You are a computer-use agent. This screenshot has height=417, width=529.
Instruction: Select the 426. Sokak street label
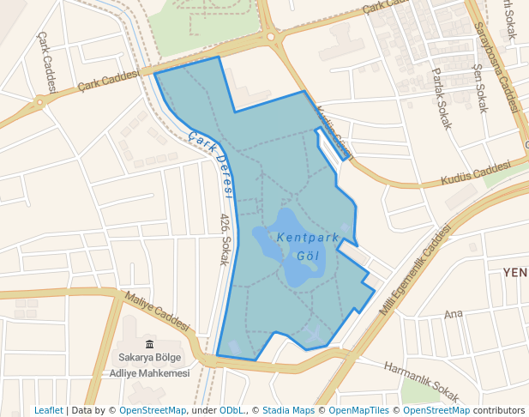[x=225, y=239]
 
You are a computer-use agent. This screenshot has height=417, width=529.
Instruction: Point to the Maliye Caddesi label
[x=157, y=311]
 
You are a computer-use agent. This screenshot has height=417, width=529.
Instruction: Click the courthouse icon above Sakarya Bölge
[x=149, y=344]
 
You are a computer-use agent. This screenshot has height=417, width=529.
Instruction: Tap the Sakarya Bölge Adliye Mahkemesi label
[x=149, y=365]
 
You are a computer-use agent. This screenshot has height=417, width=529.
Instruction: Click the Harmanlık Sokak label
[x=422, y=379]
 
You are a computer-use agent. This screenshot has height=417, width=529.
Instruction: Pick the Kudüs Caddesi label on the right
[x=475, y=175]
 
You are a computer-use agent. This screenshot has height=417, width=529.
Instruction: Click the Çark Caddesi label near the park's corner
[x=108, y=81]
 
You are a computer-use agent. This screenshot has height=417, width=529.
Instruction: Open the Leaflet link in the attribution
[x=49, y=410]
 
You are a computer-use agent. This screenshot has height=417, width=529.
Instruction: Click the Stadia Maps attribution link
[x=288, y=410]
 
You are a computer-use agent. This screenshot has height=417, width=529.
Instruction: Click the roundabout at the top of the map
[x=272, y=37]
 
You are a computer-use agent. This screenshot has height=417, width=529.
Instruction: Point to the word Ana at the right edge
[x=453, y=314]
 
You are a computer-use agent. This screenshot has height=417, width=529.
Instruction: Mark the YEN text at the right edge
[x=515, y=272]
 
